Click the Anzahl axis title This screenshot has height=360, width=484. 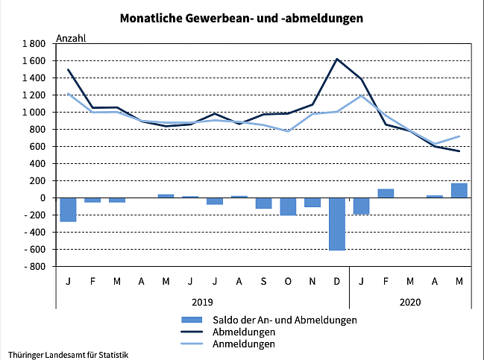coord(72,39)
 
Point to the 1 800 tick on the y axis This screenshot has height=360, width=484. coord(34,44)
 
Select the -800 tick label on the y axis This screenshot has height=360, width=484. coord(35,266)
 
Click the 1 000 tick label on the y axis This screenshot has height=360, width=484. coord(34,113)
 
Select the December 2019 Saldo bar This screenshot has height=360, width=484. coord(337,224)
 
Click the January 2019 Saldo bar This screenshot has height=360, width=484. coord(69,209)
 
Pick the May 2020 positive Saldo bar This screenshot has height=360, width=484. coord(459,191)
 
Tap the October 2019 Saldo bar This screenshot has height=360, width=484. coord(289,206)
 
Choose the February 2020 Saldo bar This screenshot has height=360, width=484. coord(386,193)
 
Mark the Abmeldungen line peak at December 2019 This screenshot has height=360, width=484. coord(337,59)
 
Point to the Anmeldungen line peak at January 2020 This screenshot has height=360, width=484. coord(362,96)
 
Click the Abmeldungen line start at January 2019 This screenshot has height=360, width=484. coord(69,70)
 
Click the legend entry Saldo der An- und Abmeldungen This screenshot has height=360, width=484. coord(284,319)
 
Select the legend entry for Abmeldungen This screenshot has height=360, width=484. coord(245,332)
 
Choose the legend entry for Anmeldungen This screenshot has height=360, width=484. coord(244,344)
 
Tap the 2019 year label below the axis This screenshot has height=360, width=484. coord(203,302)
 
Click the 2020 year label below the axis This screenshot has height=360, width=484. coord(410,302)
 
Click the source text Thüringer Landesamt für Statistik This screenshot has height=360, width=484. coord(69,353)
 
